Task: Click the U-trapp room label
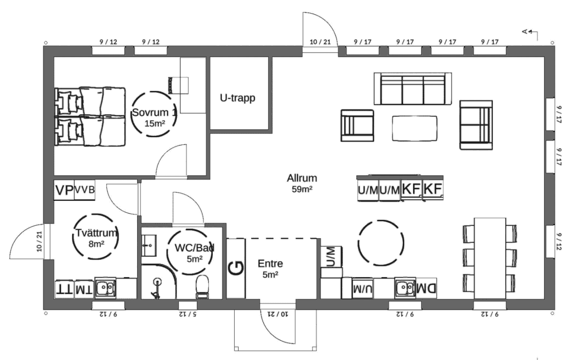pyautogui.click(x=238, y=98)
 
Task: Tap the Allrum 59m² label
pyautogui.click(x=302, y=183)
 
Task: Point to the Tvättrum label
pyautogui.click(x=96, y=233)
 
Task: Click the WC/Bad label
pyautogui.click(x=194, y=248)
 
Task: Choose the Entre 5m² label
pyautogui.click(x=270, y=269)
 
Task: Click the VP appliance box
pyautogui.click(x=64, y=190)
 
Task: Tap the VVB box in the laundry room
pyautogui.click(x=85, y=190)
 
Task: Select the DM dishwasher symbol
pyautogui.click(x=426, y=288)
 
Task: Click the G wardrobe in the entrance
pyautogui.click(x=236, y=268)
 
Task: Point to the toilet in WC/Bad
pyautogui.click(x=202, y=287)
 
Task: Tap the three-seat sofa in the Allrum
pyautogui.click(x=413, y=89)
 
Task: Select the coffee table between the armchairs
pyautogui.click(x=415, y=129)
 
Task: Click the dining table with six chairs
pyautogui.click(x=490, y=258)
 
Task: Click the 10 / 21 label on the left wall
pyautogui.click(x=40, y=242)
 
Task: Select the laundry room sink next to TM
pyautogui.click(x=106, y=288)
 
